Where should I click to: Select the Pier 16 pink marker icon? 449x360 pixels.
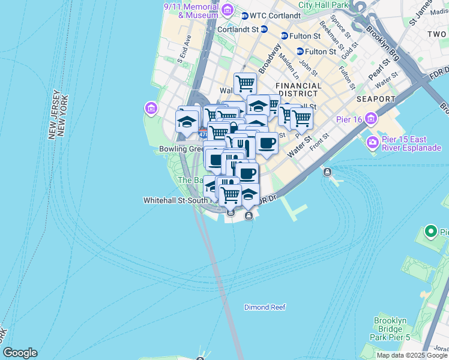pyautogui.click(x=371, y=119)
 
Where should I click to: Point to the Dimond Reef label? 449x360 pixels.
pyautogui.click(x=265, y=307)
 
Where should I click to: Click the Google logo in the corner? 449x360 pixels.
pyautogui.click(x=20, y=353)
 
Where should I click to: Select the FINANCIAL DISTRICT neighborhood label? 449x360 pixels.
pyautogui.click(x=298, y=89)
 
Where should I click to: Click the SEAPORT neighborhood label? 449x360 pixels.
pyautogui.click(x=375, y=99)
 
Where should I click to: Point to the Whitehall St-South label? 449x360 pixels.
pyautogui.click(x=171, y=201)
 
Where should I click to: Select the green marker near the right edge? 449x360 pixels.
pyautogui.click(x=430, y=231)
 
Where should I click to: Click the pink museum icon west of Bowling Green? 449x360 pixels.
pyautogui.click(x=151, y=109)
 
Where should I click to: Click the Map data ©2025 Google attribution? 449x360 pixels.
pyautogui.click(x=411, y=355)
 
